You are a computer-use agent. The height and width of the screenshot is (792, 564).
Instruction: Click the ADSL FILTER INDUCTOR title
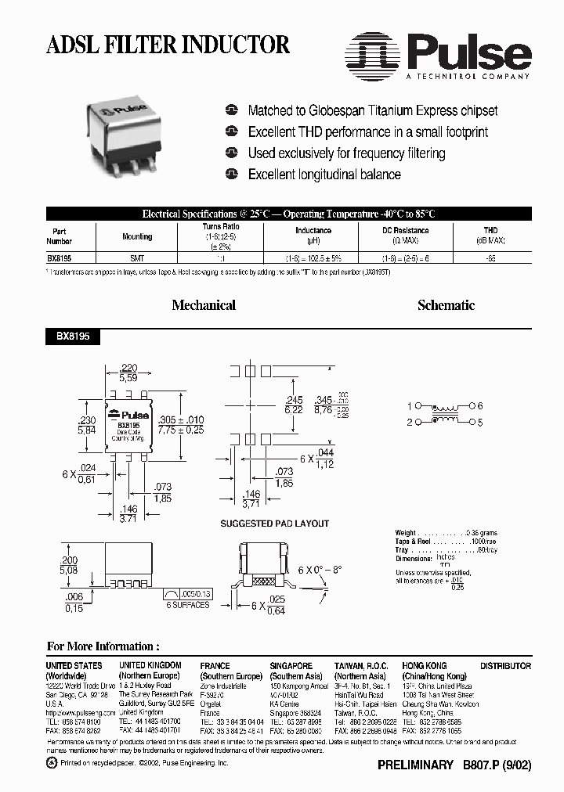[168, 45]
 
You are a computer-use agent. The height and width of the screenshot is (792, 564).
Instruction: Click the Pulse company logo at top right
[439, 56]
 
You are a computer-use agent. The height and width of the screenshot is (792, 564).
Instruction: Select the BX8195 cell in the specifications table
[63, 257]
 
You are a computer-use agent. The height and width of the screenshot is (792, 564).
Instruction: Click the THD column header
[490, 230]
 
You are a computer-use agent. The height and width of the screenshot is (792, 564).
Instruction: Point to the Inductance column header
[313, 230]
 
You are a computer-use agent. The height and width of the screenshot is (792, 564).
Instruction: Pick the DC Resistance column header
[405, 230]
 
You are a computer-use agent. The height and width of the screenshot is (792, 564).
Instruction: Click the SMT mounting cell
[137, 257]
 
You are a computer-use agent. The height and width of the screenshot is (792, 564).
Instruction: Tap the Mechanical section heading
[204, 305]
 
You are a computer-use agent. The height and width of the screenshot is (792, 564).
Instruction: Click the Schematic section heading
[446, 305]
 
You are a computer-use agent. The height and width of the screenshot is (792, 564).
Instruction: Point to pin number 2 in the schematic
[409, 422]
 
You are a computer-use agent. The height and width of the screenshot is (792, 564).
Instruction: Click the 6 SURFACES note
[187, 605]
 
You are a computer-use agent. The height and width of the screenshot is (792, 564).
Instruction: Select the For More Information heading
[103, 646]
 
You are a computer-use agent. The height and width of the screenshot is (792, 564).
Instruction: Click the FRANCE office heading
[215, 666]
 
